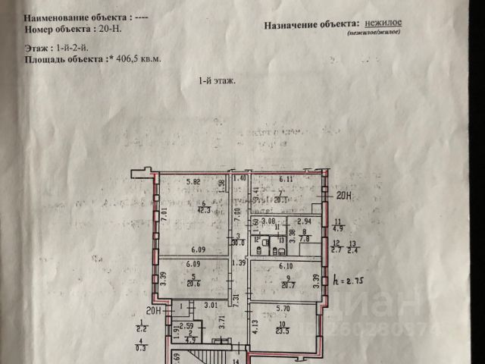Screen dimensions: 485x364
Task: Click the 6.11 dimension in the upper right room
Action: coord(286,180)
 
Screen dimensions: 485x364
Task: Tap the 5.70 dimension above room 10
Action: coord(283,309)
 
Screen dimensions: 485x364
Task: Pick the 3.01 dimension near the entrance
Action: coord(210,306)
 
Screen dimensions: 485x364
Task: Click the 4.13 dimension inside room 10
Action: coord(255,328)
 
